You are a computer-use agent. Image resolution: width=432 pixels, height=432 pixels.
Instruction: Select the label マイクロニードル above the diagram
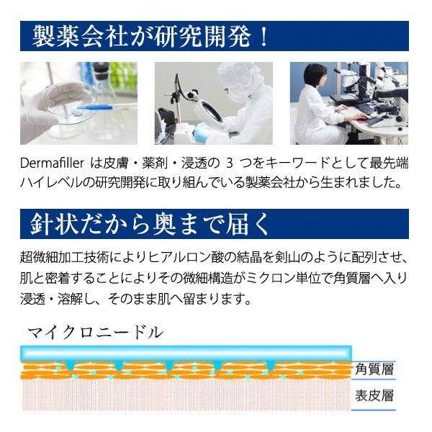pyautogui.click(x=94, y=333)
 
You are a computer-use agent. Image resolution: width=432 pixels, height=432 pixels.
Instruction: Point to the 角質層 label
pyautogui.click(x=374, y=369)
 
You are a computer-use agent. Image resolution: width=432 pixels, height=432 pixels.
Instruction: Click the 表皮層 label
pyautogui.click(x=374, y=395)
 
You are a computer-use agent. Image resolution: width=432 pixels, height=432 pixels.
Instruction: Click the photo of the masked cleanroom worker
pyautogui.click(x=213, y=103)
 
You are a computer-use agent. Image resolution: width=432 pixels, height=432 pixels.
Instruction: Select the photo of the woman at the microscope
pyautogui.click(x=348, y=103)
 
